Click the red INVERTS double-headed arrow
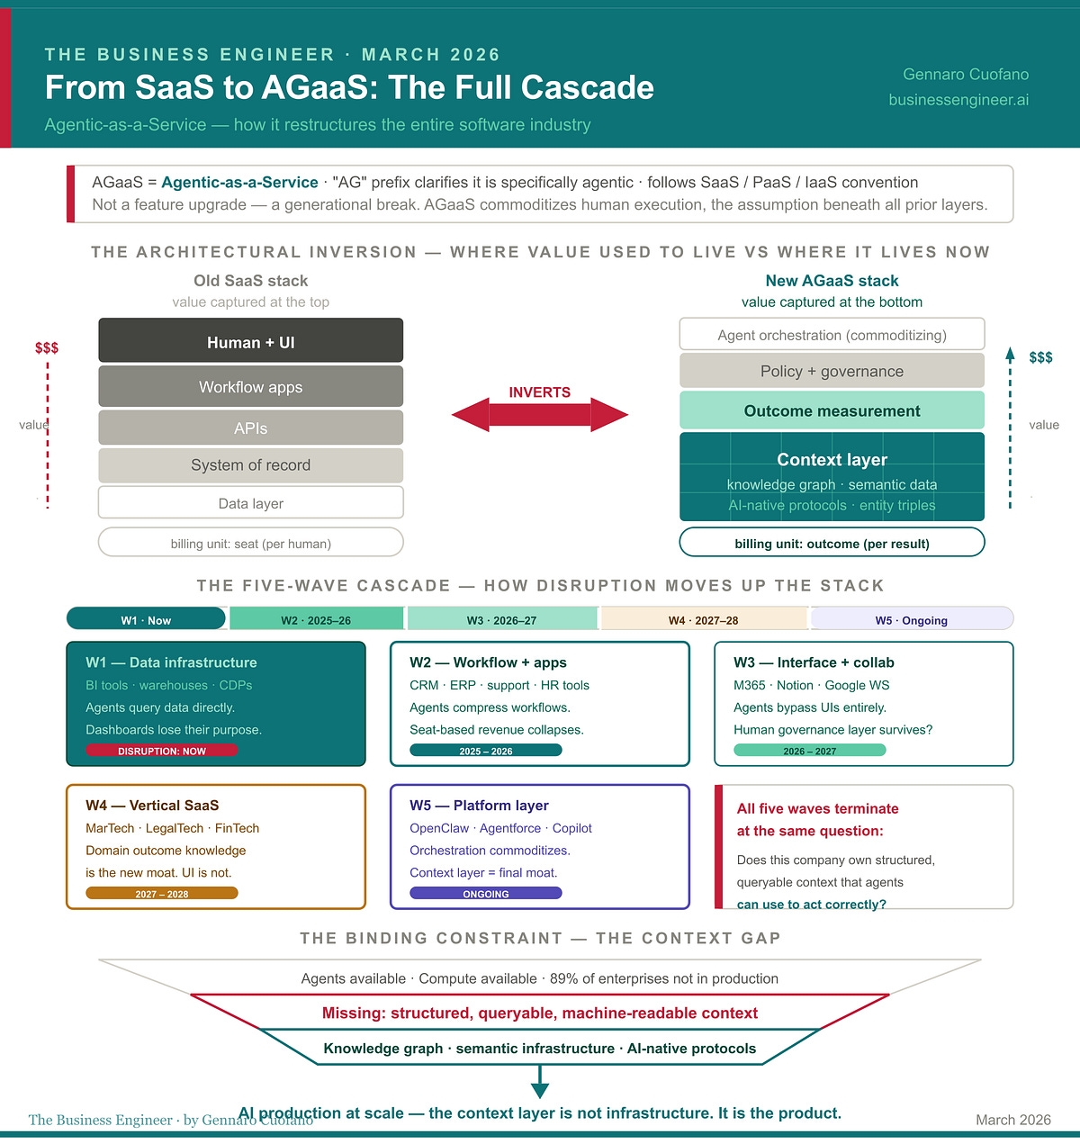pos(540,414)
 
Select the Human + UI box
pos(250,341)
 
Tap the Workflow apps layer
pos(250,386)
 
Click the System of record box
pos(250,464)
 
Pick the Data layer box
pos(250,502)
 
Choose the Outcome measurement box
pos(832,410)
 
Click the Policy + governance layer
pos(832,371)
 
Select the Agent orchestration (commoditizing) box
pos(832,335)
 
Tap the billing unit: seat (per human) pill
pos(250,543)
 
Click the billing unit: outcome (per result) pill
pos(832,543)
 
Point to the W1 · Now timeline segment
pos(146,619)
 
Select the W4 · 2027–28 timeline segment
pos(704,619)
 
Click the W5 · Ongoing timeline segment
pos(911,619)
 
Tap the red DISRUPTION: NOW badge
pos(162,751)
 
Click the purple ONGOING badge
pos(486,894)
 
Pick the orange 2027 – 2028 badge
pos(162,894)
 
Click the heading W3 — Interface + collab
pos(814,662)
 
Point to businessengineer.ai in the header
pos(958,100)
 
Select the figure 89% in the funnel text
pos(564,978)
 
